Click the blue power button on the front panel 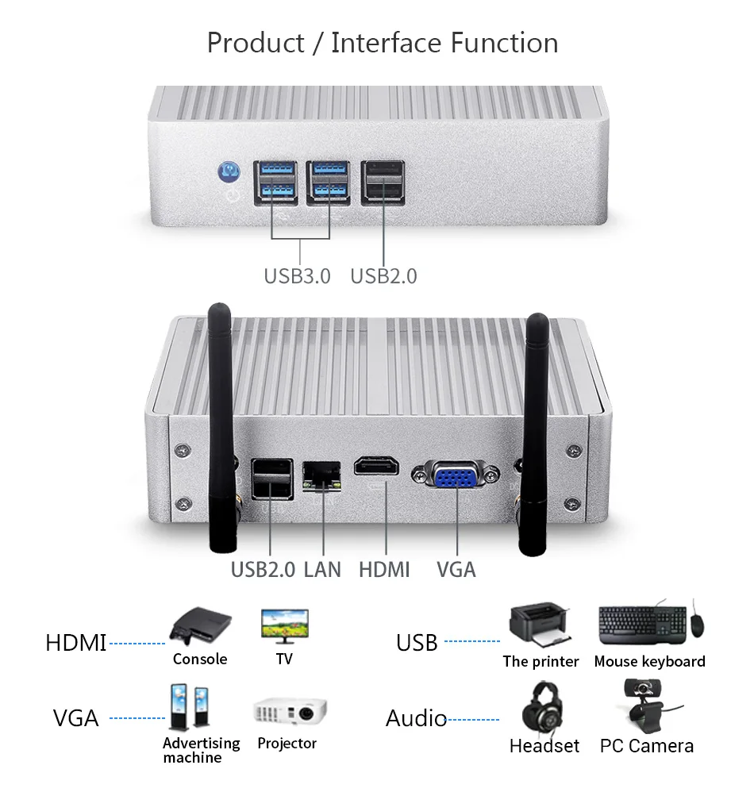pos(229,170)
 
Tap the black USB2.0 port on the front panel pos(383,183)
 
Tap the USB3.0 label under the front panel pos(297,276)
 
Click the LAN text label pos(322,569)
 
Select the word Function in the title pos(504,43)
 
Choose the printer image pos(540,627)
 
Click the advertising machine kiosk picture pos(190,708)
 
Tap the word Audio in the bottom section pos(417,719)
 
